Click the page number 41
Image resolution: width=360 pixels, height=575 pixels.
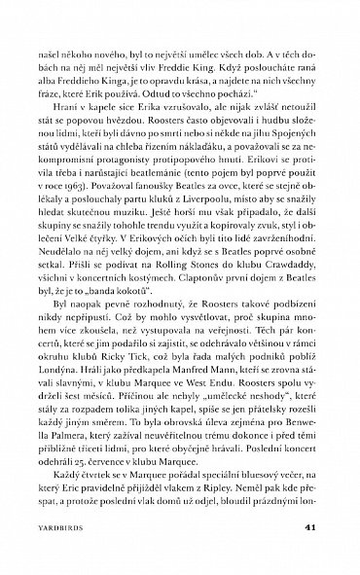[309, 529]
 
